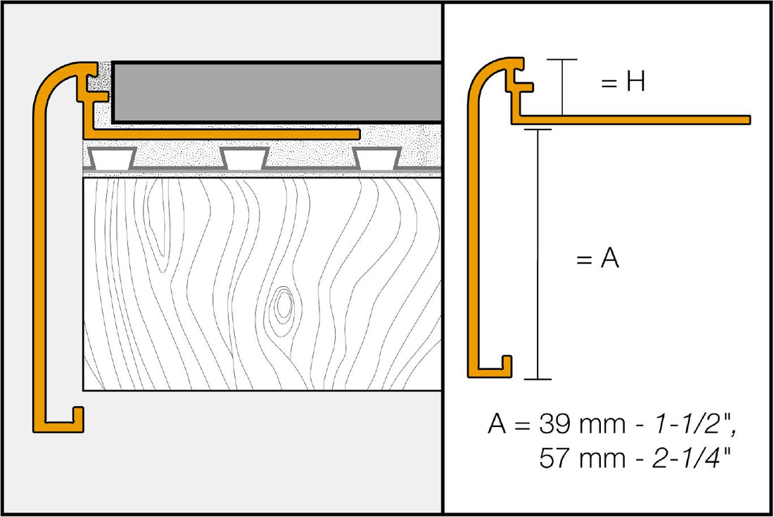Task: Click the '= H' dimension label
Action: click(x=622, y=83)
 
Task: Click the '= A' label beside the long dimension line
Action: click(x=597, y=260)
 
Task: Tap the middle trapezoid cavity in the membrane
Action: click(x=244, y=158)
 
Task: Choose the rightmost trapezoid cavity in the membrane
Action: click(x=377, y=158)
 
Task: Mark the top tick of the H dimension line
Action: click(x=562, y=60)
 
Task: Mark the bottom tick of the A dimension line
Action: click(x=538, y=380)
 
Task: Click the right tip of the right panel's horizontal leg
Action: click(x=749, y=120)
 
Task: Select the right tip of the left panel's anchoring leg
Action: click(x=357, y=133)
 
